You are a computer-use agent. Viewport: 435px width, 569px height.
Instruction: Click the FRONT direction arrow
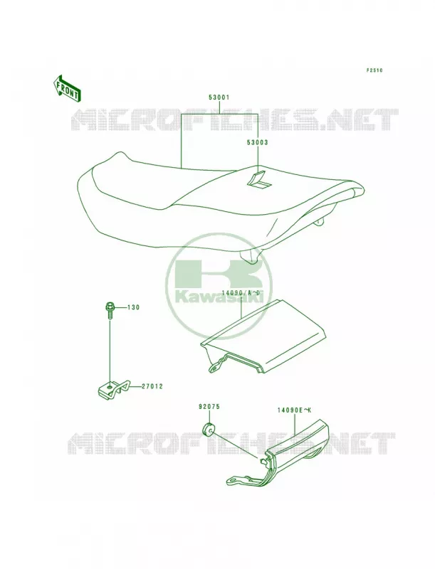[67, 87]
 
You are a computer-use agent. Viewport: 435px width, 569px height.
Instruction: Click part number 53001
[219, 97]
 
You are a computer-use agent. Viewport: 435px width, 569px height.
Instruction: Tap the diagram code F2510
[374, 70]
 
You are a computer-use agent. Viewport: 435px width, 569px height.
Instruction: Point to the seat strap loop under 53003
[259, 179]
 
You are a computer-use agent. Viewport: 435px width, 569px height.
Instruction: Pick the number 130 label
[133, 307]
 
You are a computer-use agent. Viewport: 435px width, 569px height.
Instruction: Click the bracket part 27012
[113, 388]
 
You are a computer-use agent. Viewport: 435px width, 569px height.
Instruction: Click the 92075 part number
[209, 407]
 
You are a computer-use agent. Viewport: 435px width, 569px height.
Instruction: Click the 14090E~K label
[295, 410]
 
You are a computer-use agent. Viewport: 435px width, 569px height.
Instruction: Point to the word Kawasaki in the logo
[219, 297]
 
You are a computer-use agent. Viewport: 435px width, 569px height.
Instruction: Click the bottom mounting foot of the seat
[249, 256]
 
